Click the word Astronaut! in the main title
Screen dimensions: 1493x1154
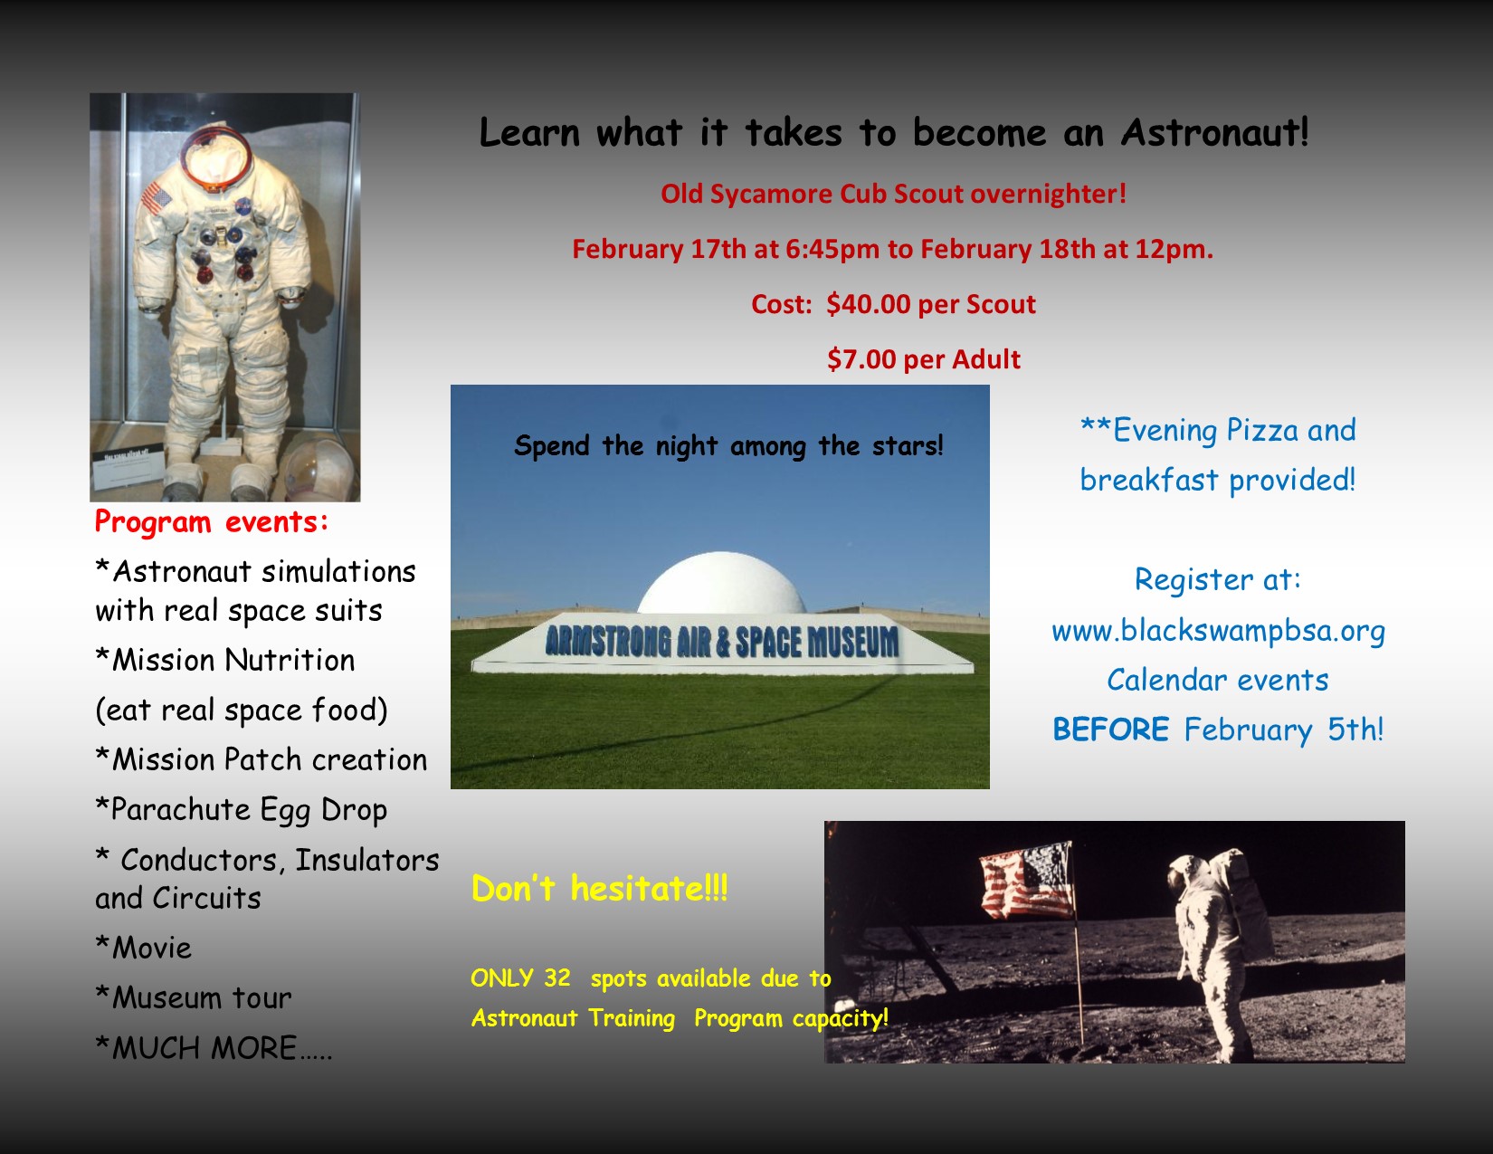(1214, 132)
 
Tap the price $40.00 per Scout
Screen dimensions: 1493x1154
(931, 304)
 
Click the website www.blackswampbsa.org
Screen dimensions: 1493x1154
(1218, 631)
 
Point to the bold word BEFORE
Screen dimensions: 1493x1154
(1110, 730)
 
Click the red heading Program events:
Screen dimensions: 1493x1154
(212, 521)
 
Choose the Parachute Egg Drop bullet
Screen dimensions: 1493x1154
(242, 810)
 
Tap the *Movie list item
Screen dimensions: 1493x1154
(144, 947)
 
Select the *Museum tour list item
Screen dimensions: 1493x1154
(193, 997)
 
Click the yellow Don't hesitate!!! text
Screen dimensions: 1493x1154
(599, 888)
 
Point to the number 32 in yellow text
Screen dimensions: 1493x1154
(557, 978)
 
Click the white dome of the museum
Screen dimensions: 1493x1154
(721, 583)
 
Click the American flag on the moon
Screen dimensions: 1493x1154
(1027, 880)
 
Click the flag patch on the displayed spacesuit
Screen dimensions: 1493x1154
(157, 198)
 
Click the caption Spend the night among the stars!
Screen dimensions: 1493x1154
(728, 446)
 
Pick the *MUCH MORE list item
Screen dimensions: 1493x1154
(214, 1048)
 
